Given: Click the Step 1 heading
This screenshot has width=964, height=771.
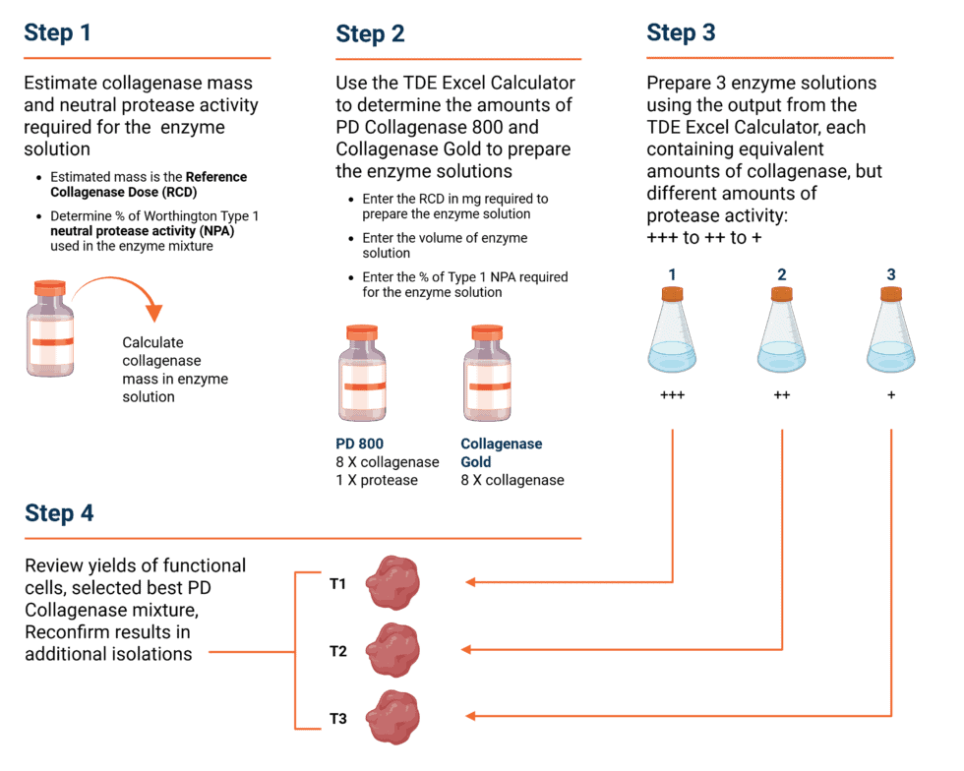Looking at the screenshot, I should click(57, 32).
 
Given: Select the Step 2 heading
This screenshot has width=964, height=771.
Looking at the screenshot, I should click(370, 33).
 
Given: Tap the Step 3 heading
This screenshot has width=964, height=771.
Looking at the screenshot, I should click(681, 32).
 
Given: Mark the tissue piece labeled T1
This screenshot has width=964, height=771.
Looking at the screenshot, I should click(390, 583).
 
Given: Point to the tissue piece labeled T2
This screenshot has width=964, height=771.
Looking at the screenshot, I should click(390, 650).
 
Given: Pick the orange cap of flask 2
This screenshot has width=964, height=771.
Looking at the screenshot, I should click(782, 293).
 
